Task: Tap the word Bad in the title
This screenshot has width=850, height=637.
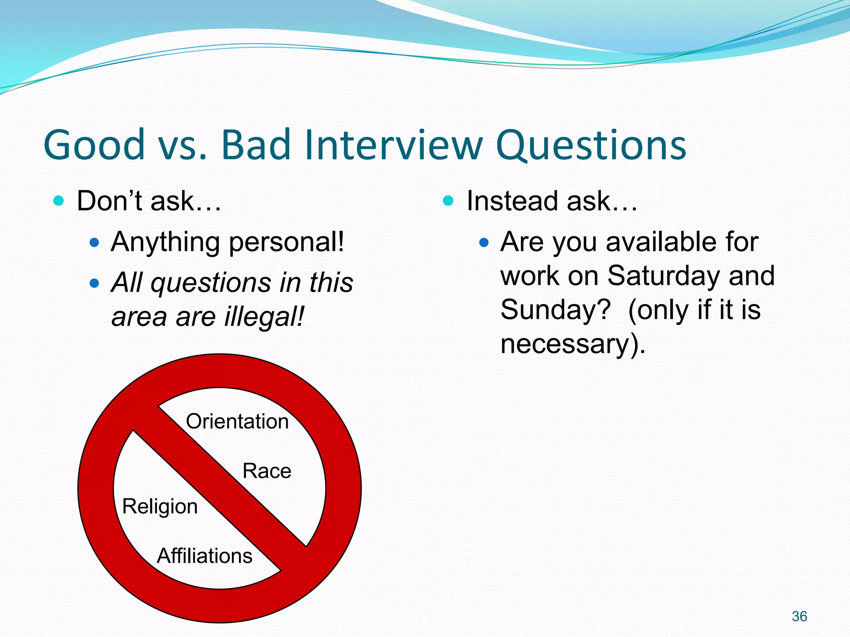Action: pyautogui.click(x=256, y=145)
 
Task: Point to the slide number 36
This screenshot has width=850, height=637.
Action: pyautogui.click(x=799, y=616)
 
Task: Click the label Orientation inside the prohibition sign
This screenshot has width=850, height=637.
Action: pyautogui.click(x=237, y=421)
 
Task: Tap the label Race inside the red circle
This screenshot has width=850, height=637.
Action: pyautogui.click(x=266, y=471)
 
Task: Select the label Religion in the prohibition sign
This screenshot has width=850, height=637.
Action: pyautogui.click(x=160, y=507)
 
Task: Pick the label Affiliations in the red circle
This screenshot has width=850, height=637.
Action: pyautogui.click(x=204, y=556)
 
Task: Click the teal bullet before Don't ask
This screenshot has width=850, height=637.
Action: pyautogui.click(x=59, y=201)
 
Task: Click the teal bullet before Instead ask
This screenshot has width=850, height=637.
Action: pyautogui.click(x=448, y=201)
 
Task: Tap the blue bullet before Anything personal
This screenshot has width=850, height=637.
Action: pyautogui.click(x=95, y=242)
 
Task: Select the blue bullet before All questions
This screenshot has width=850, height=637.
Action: pyautogui.click(x=95, y=283)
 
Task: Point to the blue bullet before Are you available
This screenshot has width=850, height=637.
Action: pyautogui.click(x=484, y=242)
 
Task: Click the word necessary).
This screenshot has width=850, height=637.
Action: pyautogui.click(x=573, y=344)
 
